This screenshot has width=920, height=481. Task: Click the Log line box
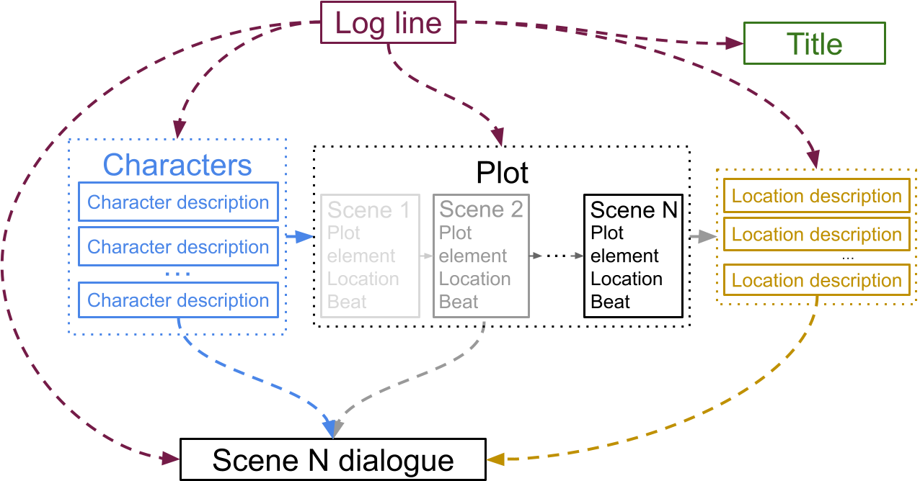tap(388, 23)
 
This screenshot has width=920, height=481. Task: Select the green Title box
tap(814, 44)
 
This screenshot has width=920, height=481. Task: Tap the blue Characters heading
tap(177, 165)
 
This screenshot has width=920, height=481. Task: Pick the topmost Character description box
tap(178, 202)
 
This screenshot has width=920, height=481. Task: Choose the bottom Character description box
tap(178, 300)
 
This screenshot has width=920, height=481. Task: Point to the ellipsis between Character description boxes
tap(177, 274)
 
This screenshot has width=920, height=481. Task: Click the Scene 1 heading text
tap(368, 210)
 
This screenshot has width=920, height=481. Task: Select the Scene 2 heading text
tap(481, 210)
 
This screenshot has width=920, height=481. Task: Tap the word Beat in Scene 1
tap(347, 302)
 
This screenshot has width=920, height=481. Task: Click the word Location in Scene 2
tap(474, 279)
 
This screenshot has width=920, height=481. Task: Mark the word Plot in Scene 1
tap(344, 233)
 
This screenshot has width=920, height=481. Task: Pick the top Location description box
tap(816, 196)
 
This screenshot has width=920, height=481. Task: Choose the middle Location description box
tap(816, 234)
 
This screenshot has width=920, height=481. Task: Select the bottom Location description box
tap(816, 280)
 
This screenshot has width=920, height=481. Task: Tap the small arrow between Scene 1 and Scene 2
tap(426, 256)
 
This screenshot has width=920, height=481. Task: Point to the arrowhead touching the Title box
tap(734, 44)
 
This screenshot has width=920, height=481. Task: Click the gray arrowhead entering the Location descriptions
tap(710, 235)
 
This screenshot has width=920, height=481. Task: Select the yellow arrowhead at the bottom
tap(495, 459)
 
